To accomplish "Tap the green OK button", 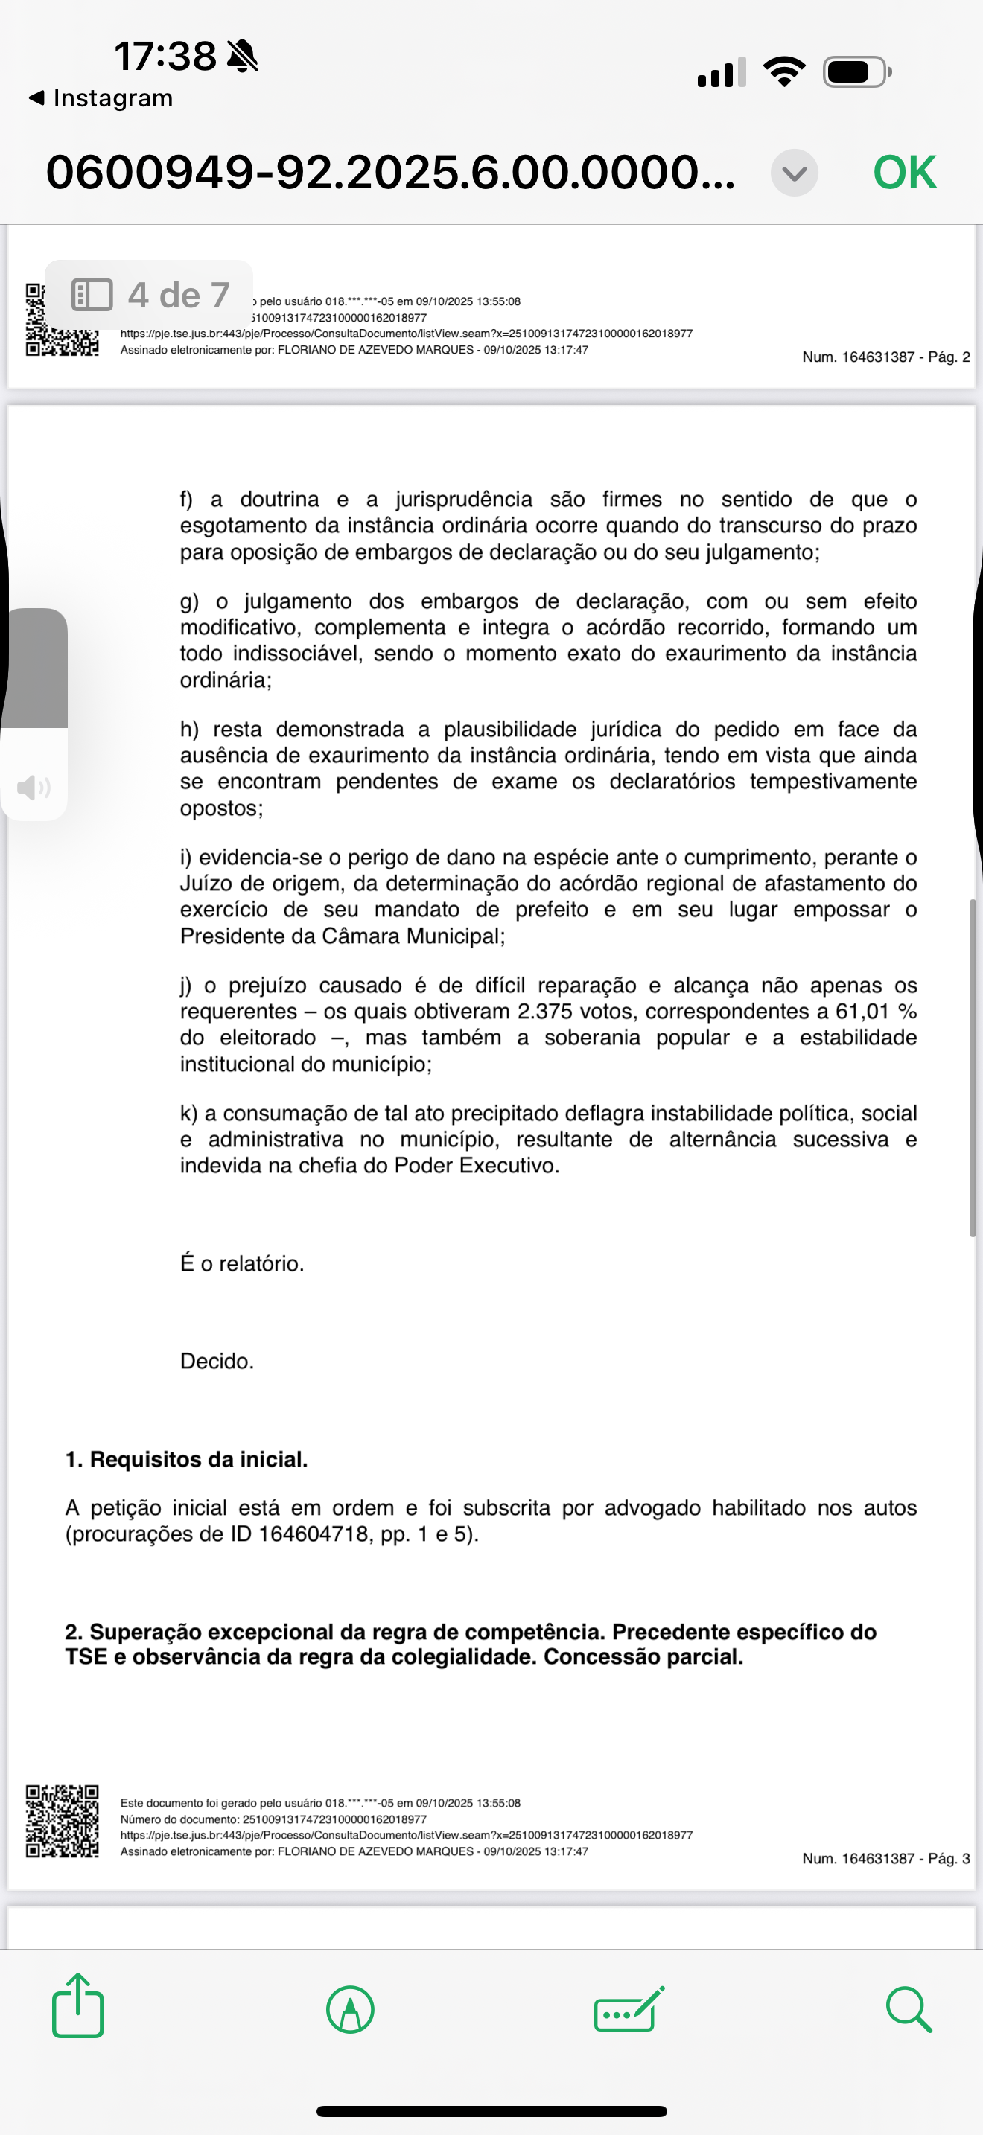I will click(904, 173).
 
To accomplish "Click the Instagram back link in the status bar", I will click(101, 98).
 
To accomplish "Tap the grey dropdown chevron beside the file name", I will click(794, 173).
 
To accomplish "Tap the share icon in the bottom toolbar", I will click(78, 2005).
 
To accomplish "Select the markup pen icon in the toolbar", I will click(351, 2009).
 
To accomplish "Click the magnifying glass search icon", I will click(909, 2009).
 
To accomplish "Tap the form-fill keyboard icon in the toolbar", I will click(629, 2009).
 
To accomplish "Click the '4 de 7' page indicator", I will click(149, 294).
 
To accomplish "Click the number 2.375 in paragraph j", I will click(544, 1011).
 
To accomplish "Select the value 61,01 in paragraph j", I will click(862, 1011).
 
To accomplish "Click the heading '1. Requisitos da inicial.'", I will click(186, 1460).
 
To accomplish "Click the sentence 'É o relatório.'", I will click(242, 1263).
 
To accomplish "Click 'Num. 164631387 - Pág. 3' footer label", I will click(885, 1858).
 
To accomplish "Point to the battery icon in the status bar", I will click(856, 72).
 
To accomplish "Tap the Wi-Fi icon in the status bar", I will click(784, 71).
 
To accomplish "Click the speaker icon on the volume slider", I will click(34, 787).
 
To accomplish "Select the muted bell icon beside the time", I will click(242, 57).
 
